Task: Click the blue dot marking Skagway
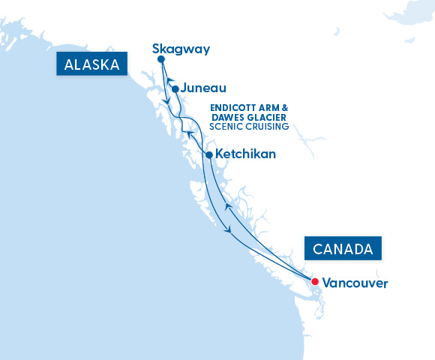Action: [x=161, y=59]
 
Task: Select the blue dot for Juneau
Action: [x=175, y=88]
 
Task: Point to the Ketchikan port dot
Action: [x=209, y=154]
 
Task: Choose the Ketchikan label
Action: [x=245, y=154]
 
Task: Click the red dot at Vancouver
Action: [x=315, y=282]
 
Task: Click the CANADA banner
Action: [x=342, y=248]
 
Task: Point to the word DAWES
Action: [x=227, y=118]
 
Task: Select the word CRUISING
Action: [x=267, y=127]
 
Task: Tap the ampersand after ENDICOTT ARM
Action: [x=283, y=108]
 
